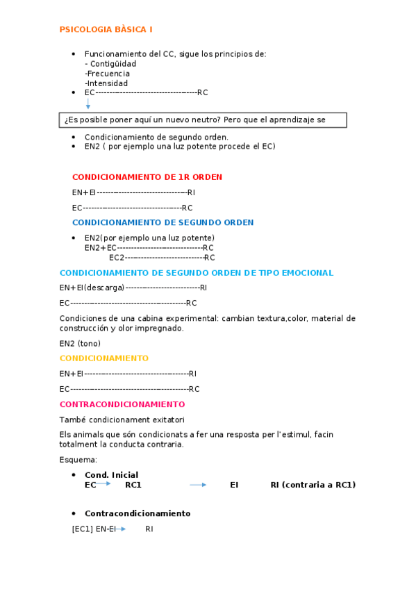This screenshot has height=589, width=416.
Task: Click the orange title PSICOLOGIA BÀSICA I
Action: (x=106, y=29)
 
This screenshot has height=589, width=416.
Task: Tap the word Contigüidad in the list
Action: (x=114, y=64)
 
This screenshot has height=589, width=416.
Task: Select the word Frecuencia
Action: (x=108, y=74)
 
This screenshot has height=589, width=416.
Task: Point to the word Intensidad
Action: (x=108, y=83)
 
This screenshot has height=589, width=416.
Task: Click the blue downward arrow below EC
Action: (x=88, y=104)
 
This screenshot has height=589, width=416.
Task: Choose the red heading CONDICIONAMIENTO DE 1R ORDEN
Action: (x=147, y=177)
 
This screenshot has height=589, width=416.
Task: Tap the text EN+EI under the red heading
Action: (x=83, y=192)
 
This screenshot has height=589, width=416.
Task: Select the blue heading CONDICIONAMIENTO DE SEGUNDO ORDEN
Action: (x=163, y=223)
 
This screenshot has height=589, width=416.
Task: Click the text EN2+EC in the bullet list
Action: (x=100, y=248)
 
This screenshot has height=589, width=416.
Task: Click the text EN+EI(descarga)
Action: (x=92, y=288)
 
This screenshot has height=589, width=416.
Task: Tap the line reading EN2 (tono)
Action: (x=80, y=343)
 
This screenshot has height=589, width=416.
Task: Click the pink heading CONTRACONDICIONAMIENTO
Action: (x=122, y=404)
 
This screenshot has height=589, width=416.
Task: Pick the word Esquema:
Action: (x=78, y=460)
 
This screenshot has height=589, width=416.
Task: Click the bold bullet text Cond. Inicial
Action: (x=112, y=475)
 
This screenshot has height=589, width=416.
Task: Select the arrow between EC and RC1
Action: (x=104, y=485)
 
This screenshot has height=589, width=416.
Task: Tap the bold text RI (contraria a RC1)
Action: (x=313, y=485)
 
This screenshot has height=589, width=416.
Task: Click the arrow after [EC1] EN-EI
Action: (x=122, y=529)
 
